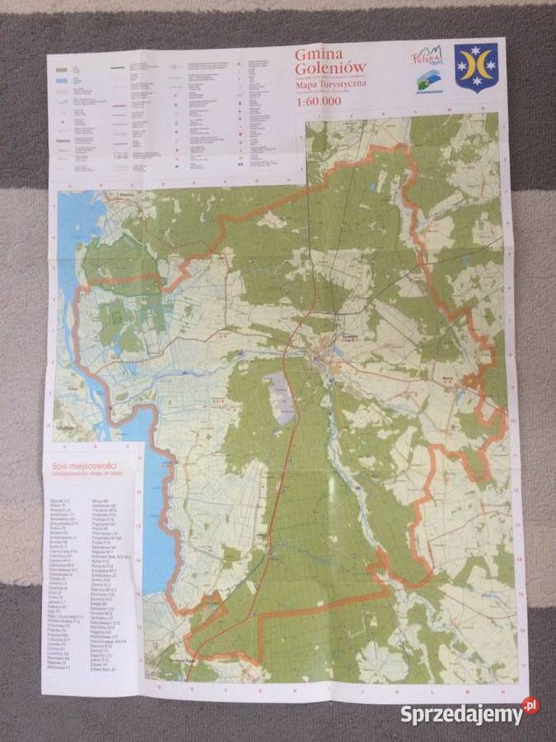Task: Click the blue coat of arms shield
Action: (x=476, y=68)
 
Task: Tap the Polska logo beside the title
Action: (x=427, y=57)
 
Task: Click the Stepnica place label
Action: (x=124, y=197)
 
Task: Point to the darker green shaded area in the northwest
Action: (x=124, y=264)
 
